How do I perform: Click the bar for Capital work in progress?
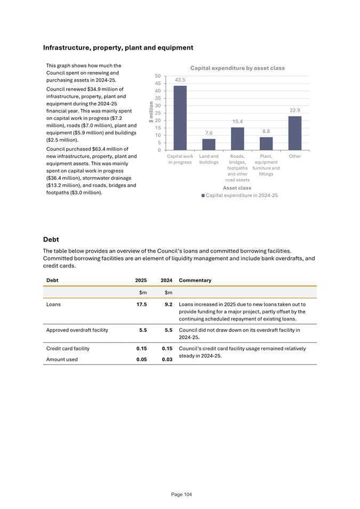pos(180,118)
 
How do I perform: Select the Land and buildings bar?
pos(209,144)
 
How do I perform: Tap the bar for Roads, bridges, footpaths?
pos(237,139)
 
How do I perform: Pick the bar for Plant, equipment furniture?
pos(266,143)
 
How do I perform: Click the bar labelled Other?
pos(295,133)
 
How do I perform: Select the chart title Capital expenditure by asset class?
pos(237,68)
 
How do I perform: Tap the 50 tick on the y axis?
pos(157,76)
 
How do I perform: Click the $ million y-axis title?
pos(151,113)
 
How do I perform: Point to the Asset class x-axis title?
pos(237,188)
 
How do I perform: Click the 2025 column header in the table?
pos(140,280)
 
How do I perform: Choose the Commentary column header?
pos(195,280)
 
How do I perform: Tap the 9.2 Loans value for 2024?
pos(167,304)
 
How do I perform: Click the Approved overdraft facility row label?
pos(77,330)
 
